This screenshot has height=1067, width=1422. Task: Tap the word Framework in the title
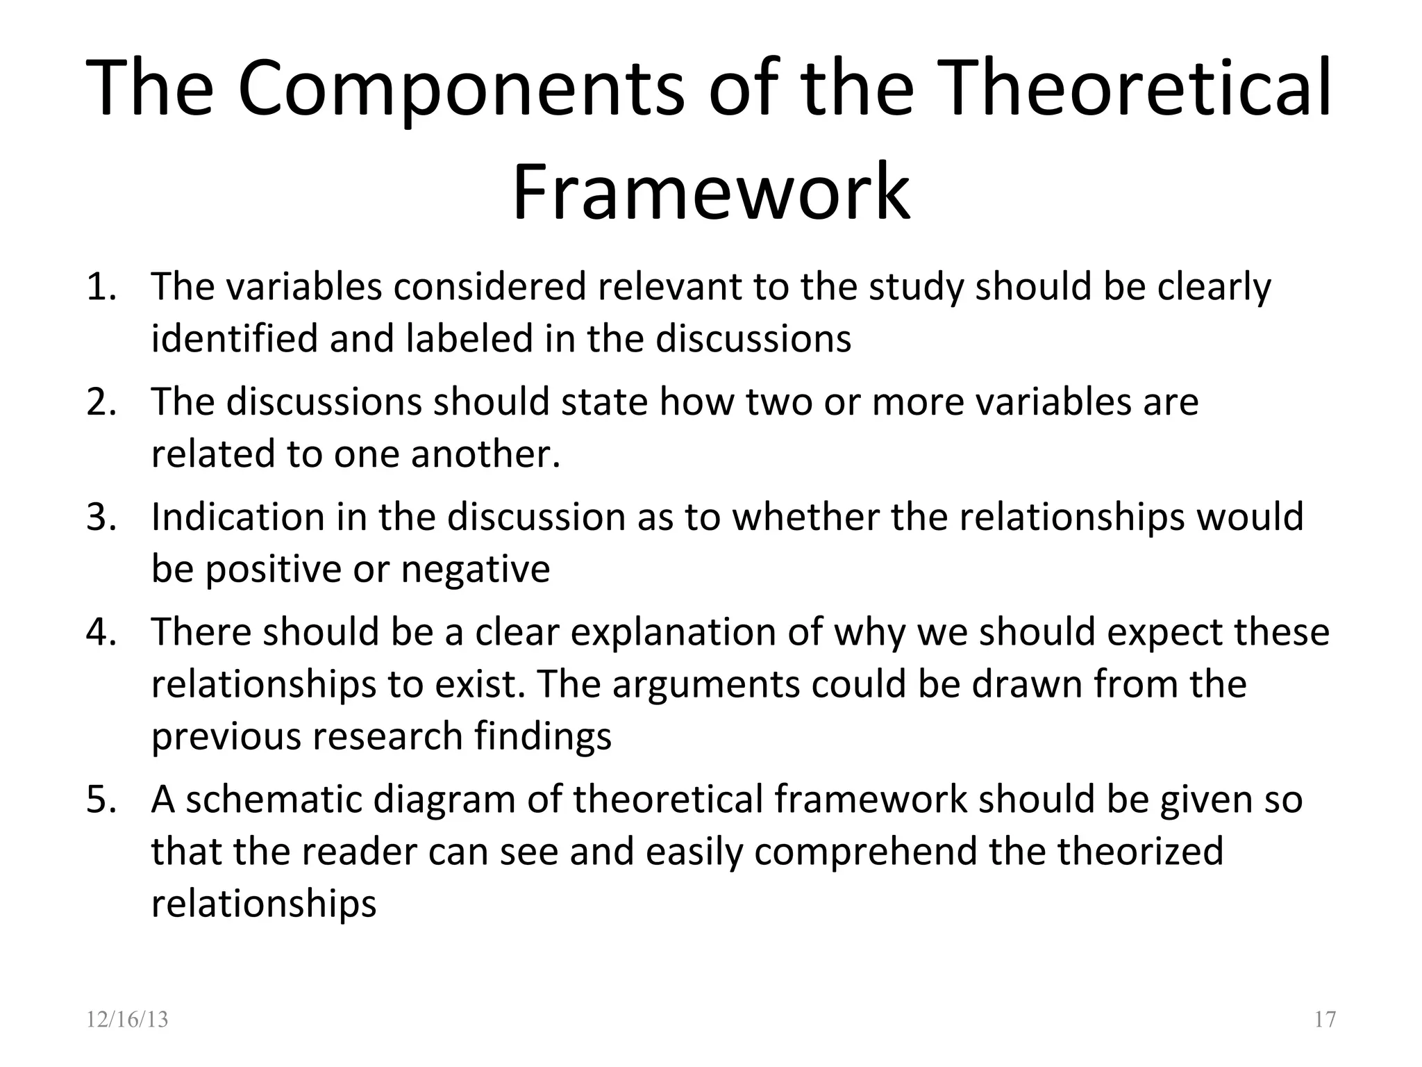point(710,191)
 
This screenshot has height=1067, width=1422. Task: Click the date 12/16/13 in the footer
point(127,1019)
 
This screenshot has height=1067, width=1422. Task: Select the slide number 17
point(1325,1019)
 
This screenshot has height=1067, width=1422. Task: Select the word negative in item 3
point(476,570)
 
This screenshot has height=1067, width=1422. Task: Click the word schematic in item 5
point(274,799)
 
